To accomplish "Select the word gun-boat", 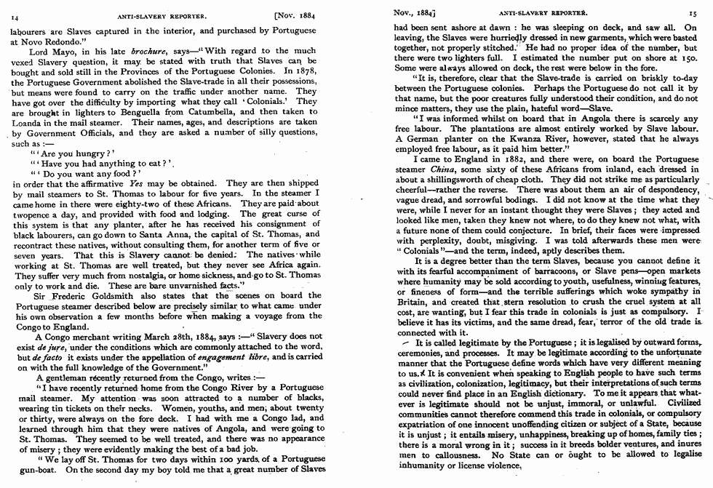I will click(x=32, y=470).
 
